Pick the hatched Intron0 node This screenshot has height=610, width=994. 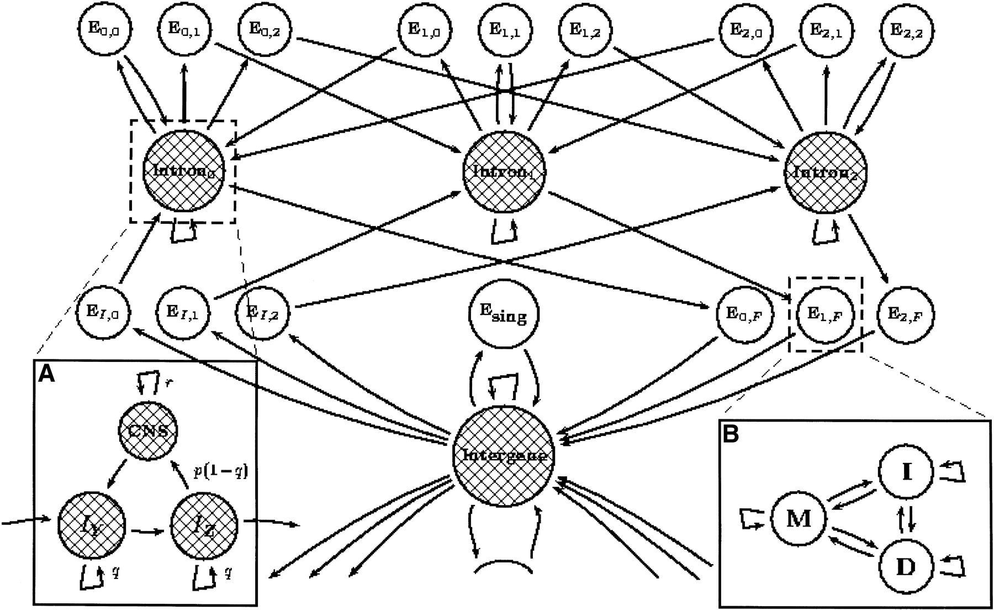pos(183,171)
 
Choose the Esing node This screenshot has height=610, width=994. pos(504,315)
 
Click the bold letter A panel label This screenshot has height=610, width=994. pos(46,375)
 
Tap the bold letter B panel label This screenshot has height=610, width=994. pos(731,434)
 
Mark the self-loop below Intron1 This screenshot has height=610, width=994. pos(505,231)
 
